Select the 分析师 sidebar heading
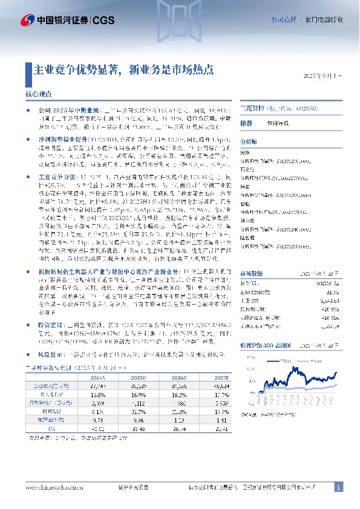tap(249, 140)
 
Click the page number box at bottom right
tap(339, 487)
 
